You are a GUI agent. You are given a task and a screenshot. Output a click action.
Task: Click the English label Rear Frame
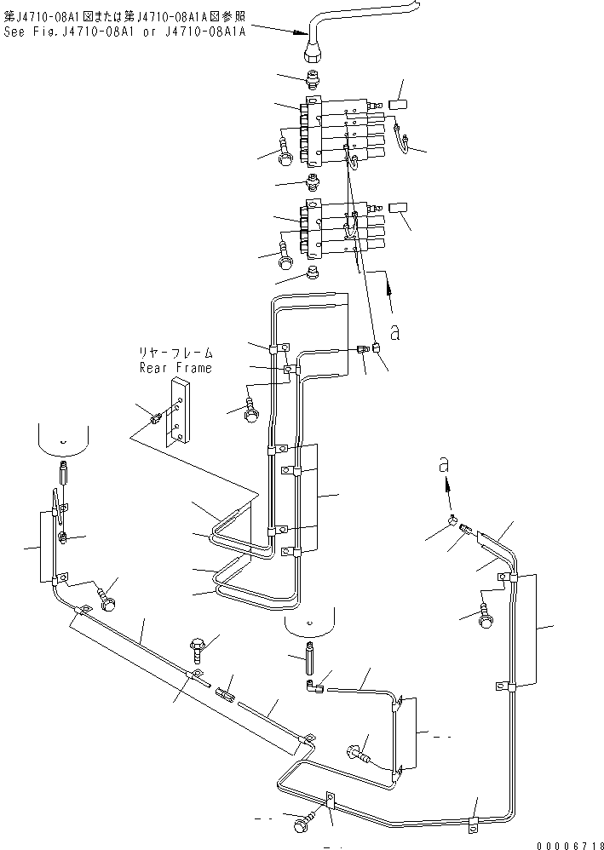pyautogui.click(x=175, y=368)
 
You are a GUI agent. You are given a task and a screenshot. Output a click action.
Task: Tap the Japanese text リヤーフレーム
pyautogui.click(x=175, y=353)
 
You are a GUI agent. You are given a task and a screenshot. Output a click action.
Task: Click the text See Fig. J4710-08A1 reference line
pyautogui.click(x=124, y=32)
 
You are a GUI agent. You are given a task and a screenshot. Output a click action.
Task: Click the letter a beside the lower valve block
pyautogui.click(x=395, y=332)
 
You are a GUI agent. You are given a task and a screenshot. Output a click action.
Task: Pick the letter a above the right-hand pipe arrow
pyautogui.click(x=444, y=464)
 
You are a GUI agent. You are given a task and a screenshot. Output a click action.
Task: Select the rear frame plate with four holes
pyautogui.click(x=178, y=412)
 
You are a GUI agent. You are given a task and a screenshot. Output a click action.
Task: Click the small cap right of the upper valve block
pyautogui.click(x=398, y=105)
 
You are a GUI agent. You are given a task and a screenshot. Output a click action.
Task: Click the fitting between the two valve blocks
pyautogui.click(x=313, y=182)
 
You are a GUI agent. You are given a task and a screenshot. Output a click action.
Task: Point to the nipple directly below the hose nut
pyautogui.click(x=313, y=79)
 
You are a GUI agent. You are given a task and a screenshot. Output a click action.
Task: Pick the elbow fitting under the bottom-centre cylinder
pyautogui.click(x=314, y=686)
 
